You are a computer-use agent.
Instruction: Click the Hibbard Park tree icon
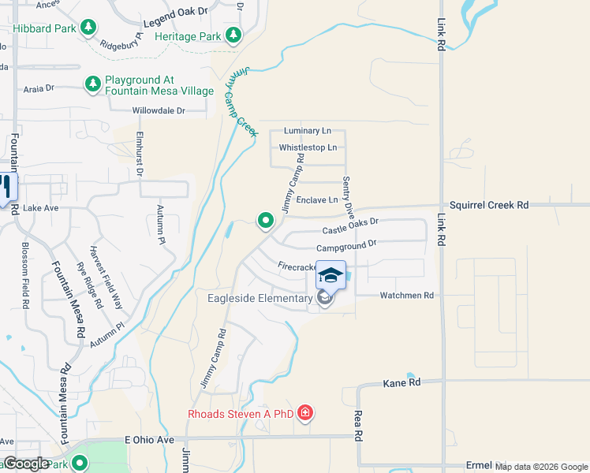88,28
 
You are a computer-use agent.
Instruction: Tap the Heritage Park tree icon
233,35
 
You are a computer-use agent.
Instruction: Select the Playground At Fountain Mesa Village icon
93,84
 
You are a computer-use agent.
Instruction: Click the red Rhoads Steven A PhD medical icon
305,413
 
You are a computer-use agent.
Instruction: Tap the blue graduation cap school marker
330,276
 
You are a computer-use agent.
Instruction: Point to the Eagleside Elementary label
260,298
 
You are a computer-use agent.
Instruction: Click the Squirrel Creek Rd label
489,205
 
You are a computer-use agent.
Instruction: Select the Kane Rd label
401,382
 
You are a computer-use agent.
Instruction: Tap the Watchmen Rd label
406,296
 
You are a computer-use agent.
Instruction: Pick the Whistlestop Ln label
308,147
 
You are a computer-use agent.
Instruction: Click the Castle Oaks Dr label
350,227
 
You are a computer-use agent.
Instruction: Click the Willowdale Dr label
159,111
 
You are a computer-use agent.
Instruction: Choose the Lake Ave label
41,208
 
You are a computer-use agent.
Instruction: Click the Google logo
26,464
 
